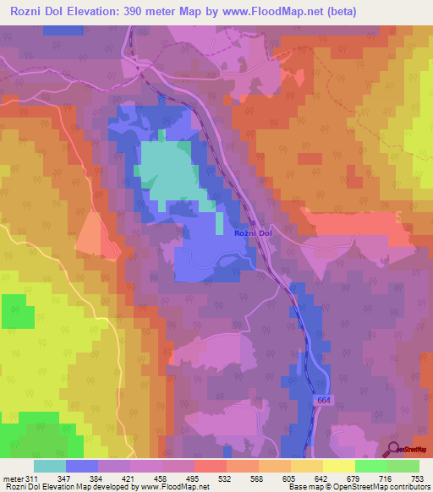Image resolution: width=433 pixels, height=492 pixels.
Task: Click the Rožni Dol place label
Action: click(253, 232)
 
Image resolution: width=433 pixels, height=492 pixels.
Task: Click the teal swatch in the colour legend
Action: click(50, 466)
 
